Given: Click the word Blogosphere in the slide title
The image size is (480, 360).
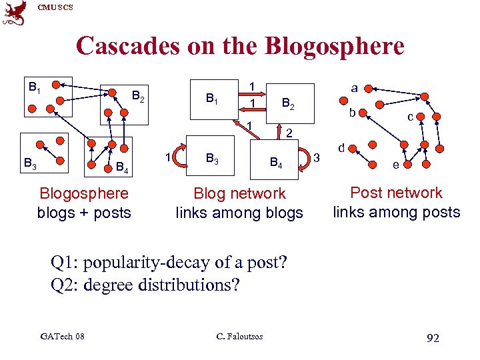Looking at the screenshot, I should pyautogui.click(x=335, y=47).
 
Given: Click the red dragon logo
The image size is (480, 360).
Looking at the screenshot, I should pyautogui.click(x=15, y=13).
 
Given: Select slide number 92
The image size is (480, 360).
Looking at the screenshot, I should pyautogui.click(x=432, y=338).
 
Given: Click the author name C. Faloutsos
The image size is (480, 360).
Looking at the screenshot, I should pyautogui.click(x=240, y=336).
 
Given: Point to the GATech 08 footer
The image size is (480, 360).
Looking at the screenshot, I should pyautogui.click(x=62, y=336).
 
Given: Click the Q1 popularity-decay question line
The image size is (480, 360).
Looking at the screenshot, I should pyautogui.click(x=169, y=263).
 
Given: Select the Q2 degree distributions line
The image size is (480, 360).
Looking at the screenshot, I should pyautogui.click(x=145, y=285).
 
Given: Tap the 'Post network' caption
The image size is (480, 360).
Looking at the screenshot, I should pyautogui.click(x=396, y=193).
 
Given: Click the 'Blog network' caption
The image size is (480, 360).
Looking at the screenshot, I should pyautogui.click(x=239, y=194).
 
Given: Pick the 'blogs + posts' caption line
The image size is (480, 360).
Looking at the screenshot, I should pyautogui.click(x=84, y=213).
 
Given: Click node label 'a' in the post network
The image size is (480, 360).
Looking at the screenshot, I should pyautogui.click(x=354, y=87).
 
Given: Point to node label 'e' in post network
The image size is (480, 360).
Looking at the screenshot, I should pyautogui.click(x=396, y=164).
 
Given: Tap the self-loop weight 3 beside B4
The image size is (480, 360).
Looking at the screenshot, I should pyautogui.click(x=317, y=157).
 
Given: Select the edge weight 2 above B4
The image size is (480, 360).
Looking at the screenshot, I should pyautogui.click(x=289, y=133).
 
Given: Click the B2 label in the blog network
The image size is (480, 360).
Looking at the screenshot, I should pyautogui.click(x=289, y=103).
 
